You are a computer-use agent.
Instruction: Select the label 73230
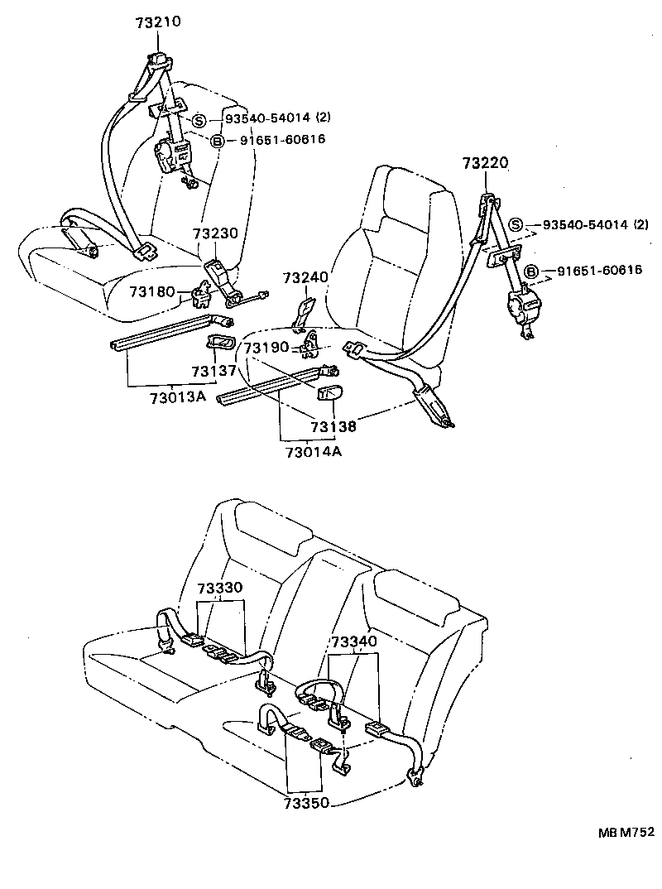(216, 234)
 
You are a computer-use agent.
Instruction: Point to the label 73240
(305, 277)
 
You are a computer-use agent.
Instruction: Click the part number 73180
(151, 291)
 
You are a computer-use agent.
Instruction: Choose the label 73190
(266, 349)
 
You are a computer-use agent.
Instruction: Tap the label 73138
(334, 426)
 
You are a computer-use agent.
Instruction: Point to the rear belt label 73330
(219, 588)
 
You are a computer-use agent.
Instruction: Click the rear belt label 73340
(353, 642)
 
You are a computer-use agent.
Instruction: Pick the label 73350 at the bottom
(307, 803)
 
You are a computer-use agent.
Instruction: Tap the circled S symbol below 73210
(199, 121)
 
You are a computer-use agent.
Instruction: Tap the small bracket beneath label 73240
(304, 312)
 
